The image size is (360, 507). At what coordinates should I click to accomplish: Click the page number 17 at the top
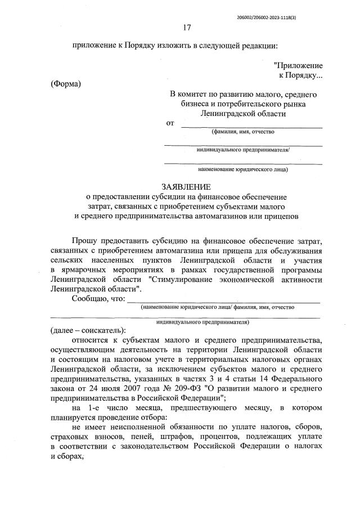tap(187, 27)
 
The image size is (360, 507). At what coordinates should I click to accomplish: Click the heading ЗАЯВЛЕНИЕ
tap(187, 186)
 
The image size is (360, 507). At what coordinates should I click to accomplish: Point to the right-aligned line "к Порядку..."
tap(301, 75)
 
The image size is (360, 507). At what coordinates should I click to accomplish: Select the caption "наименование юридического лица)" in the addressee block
tap(243, 169)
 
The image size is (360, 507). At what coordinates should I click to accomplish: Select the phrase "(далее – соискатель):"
tap(88, 330)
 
